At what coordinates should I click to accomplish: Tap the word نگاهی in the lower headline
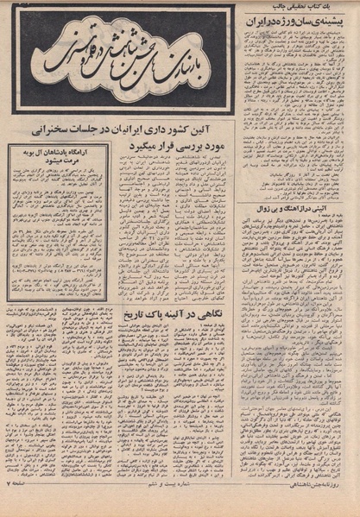click(x=191, y=316)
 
